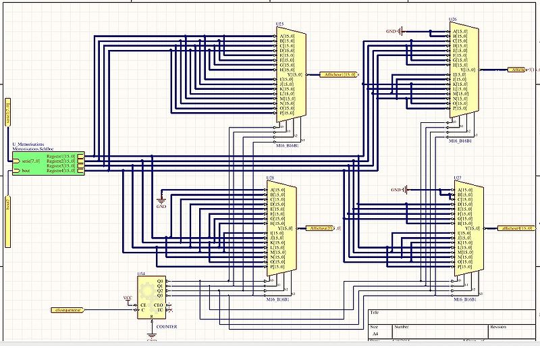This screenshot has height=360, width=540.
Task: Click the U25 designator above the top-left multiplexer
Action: [279, 24]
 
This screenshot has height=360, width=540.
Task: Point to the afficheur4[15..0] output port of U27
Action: [516, 228]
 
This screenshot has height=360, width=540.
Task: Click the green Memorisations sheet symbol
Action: [47, 163]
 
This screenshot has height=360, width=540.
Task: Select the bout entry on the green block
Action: [26, 171]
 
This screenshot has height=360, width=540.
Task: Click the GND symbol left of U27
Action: [399, 190]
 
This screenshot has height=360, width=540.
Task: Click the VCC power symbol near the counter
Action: [128, 297]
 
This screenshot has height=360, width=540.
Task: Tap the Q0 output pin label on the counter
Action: [160, 280]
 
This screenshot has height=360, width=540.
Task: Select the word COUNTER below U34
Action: [166, 326]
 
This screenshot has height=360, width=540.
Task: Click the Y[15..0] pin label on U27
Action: [471, 228]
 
